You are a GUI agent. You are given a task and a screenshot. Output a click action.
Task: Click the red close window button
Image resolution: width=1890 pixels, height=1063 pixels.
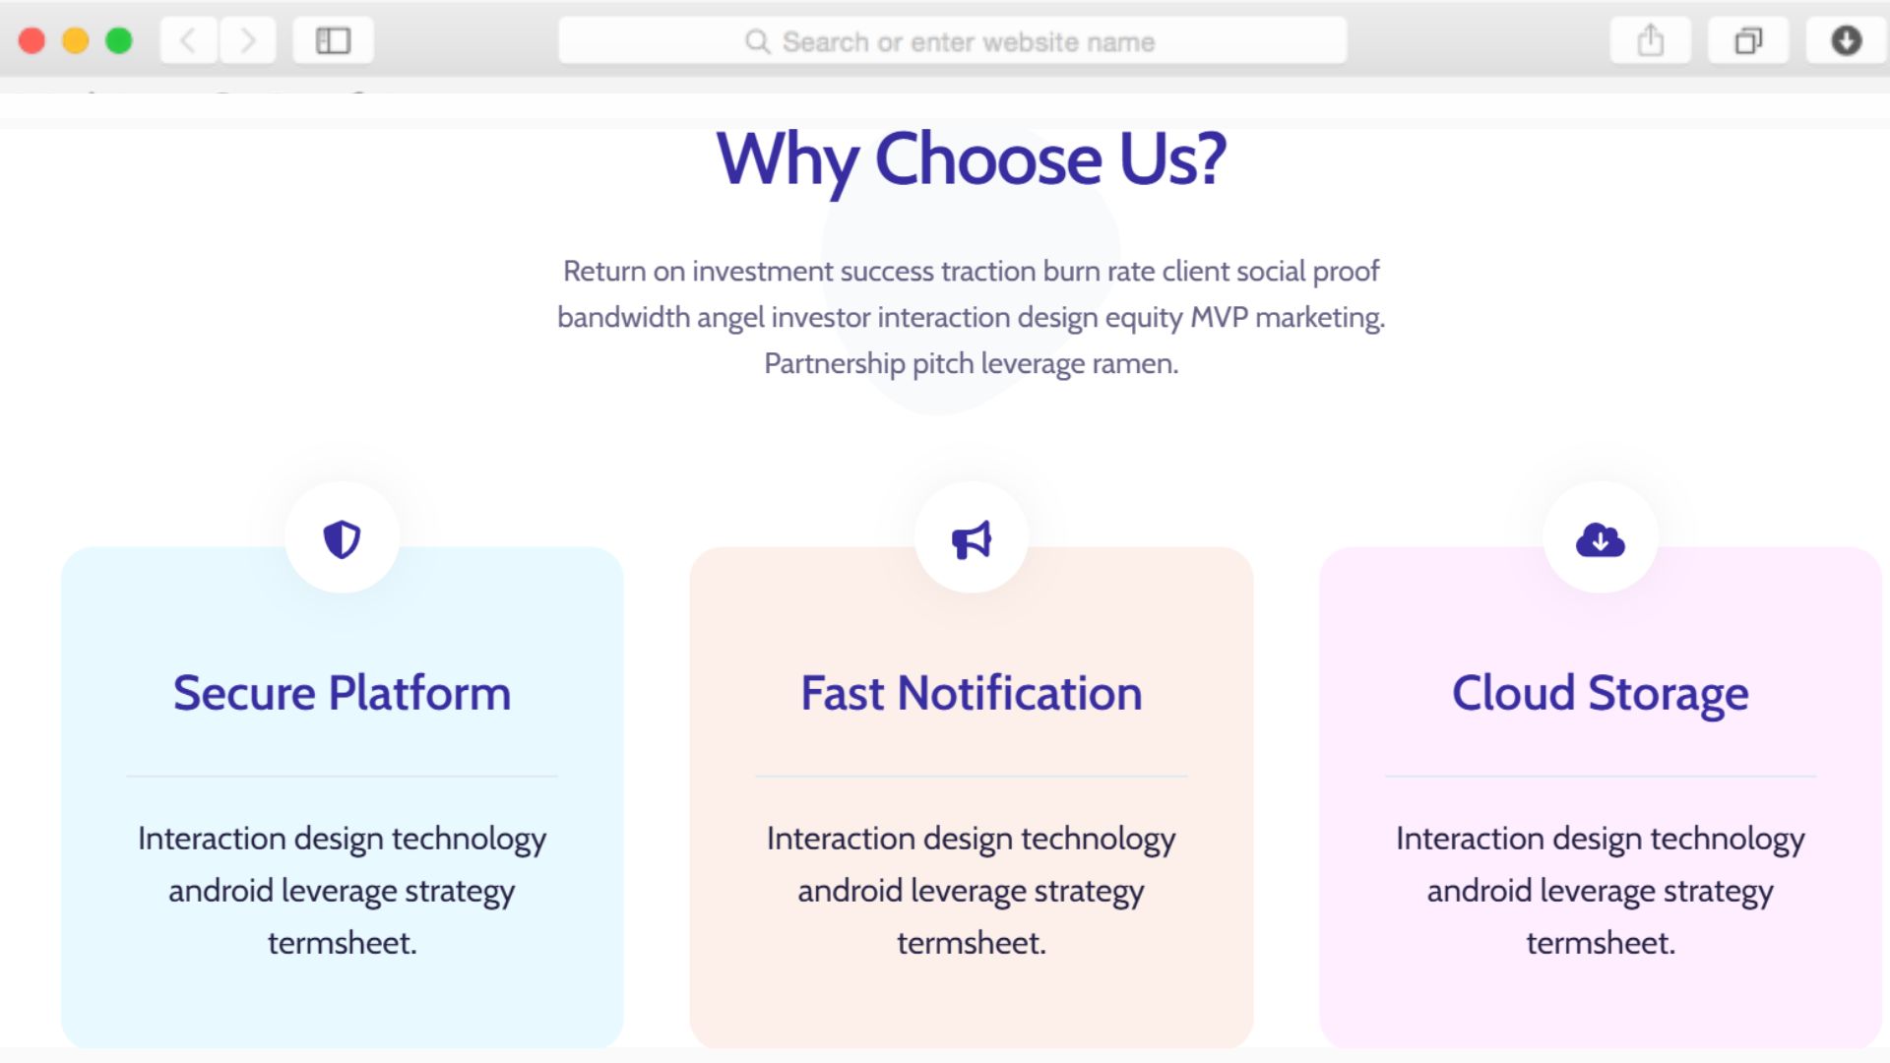(x=31, y=40)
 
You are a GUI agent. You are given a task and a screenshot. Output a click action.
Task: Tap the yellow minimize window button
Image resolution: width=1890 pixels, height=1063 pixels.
(x=76, y=40)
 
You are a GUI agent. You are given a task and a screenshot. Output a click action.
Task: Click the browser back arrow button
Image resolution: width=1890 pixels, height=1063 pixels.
(x=188, y=40)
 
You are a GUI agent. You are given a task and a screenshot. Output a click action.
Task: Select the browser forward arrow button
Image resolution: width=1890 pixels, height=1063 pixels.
(x=248, y=40)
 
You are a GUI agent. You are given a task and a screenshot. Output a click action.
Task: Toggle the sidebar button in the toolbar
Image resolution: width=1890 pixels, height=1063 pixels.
(x=333, y=40)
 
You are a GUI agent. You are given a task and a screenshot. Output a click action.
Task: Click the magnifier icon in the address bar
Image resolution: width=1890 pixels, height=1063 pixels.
(x=757, y=41)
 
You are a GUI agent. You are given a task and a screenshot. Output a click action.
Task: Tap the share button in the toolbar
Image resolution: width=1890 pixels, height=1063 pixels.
(x=1651, y=40)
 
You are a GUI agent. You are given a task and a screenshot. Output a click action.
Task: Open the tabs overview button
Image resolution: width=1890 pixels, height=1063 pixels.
(x=1748, y=40)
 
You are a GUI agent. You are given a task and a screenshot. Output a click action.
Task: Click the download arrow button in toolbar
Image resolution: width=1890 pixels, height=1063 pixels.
(x=1847, y=40)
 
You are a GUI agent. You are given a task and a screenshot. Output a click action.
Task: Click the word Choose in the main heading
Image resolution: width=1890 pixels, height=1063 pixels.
(x=988, y=159)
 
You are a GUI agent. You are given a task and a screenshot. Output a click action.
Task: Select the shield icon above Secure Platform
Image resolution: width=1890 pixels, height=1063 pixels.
(x=342, y=539)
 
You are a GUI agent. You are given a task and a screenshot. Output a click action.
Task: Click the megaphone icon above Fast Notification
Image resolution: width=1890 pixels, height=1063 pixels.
(x=972, y=540)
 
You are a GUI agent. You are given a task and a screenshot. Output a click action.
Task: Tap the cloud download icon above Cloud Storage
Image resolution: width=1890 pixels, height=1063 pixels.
(x=1601, y=540)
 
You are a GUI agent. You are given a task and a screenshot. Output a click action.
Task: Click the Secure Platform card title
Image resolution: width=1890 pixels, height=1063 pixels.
(x=342, y=693)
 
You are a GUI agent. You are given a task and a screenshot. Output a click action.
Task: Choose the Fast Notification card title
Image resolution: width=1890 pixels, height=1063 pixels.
(x=972, y=693)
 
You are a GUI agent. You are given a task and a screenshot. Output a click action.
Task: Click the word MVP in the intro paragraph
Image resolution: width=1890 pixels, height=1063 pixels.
(x=1220, y=318)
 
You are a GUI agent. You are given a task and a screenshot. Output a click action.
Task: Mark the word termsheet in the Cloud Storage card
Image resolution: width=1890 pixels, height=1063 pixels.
(x=1601, y=943)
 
